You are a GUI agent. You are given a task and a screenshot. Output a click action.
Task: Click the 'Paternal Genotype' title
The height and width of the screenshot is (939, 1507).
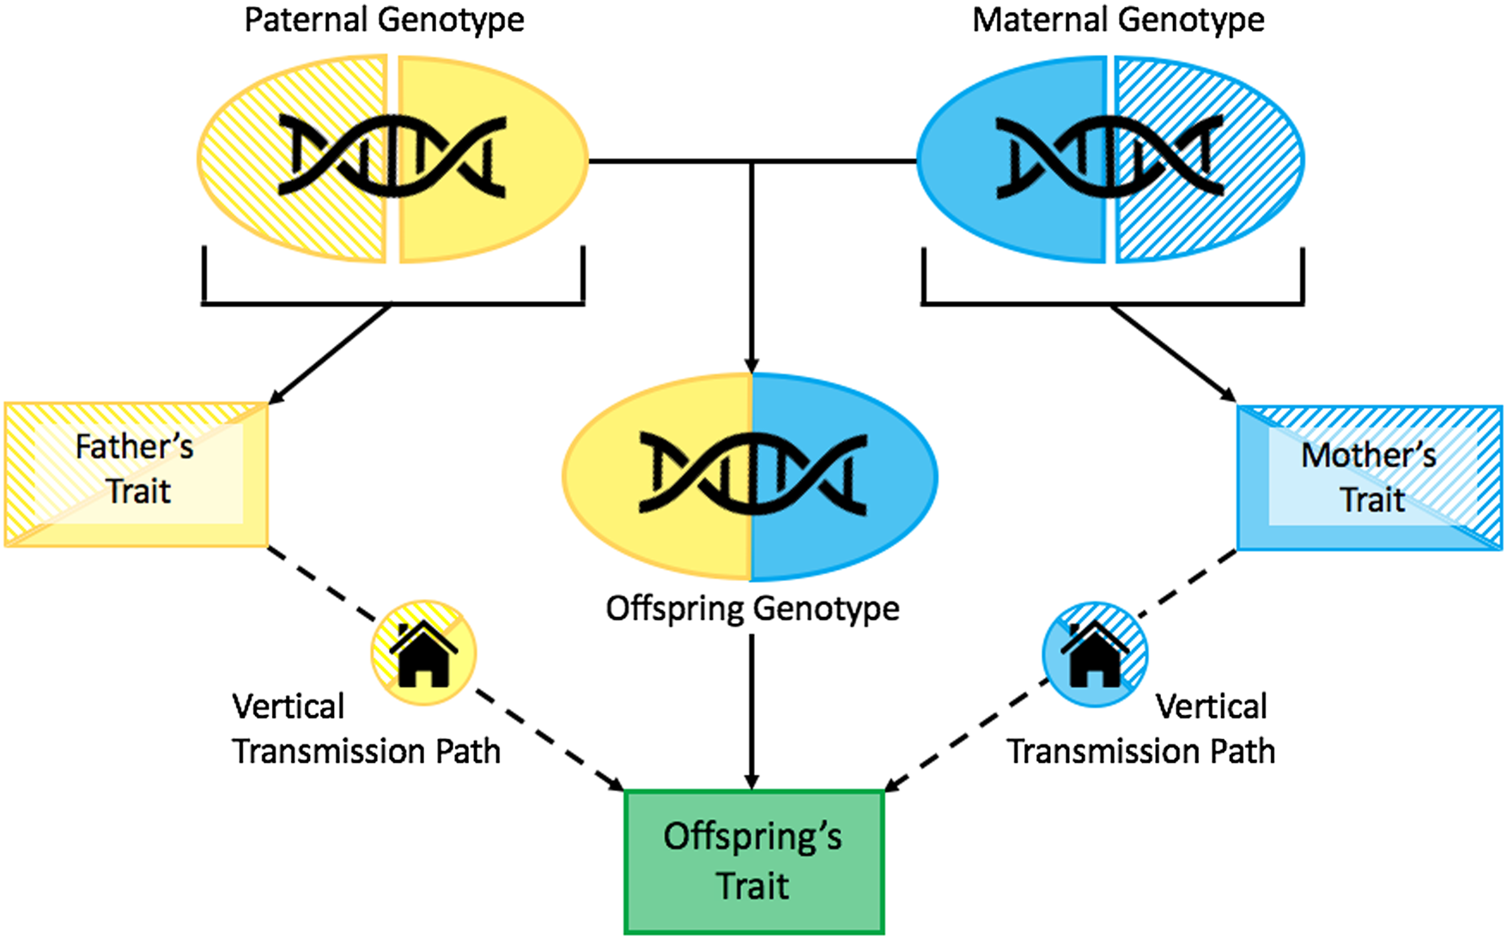384,20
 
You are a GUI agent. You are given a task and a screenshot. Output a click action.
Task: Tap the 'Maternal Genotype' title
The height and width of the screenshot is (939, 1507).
1117,20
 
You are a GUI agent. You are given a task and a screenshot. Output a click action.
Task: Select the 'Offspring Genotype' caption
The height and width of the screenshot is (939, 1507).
752,609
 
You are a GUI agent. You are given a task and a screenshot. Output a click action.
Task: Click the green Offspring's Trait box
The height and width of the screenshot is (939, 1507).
753,861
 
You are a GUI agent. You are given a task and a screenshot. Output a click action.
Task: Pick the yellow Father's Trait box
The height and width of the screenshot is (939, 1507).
136,474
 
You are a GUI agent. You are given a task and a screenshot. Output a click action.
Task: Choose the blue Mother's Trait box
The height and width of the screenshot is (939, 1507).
1369,477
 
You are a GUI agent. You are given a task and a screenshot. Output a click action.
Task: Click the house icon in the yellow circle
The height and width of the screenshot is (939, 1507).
423,654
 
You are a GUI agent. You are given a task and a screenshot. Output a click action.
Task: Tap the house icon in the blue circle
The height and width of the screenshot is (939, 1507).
1094,654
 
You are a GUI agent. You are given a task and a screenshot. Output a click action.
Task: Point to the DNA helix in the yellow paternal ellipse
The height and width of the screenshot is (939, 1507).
392,157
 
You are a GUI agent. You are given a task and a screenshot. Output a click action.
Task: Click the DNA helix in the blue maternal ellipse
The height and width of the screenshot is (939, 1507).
1109,157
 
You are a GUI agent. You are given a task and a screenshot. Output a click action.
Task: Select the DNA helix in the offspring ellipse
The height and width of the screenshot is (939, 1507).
752,475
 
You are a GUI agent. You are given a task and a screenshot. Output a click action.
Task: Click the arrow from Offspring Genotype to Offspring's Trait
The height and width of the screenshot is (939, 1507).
752,712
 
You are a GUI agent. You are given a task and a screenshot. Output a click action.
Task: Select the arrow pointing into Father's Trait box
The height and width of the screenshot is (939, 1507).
331,353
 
